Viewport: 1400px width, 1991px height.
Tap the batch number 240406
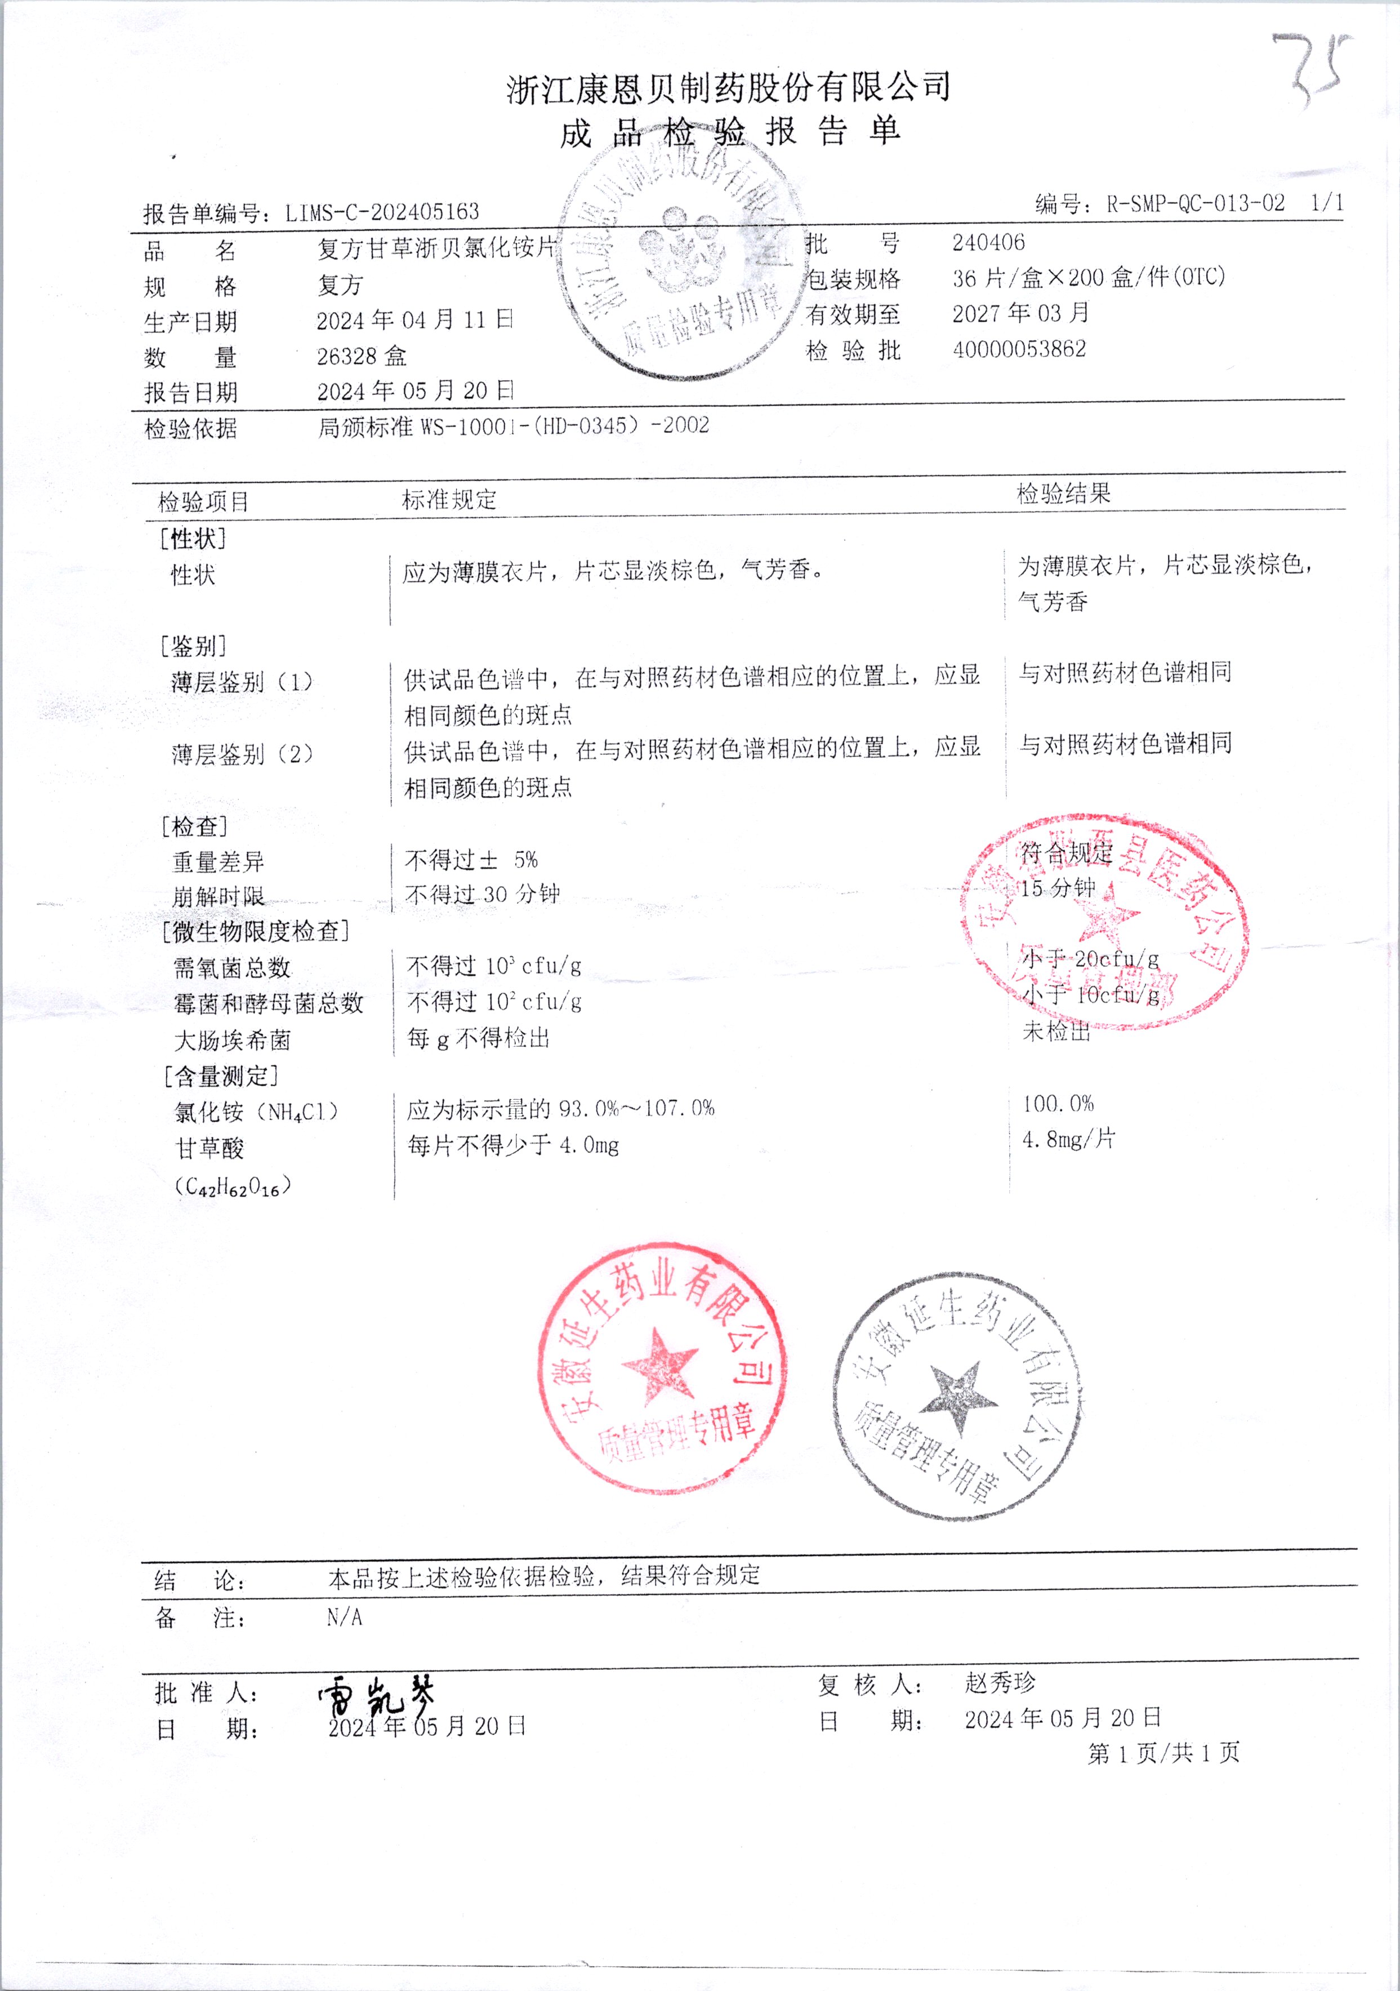click(988, 243)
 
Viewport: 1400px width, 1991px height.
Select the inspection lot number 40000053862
click(1019, 349)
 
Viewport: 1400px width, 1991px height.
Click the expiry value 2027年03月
click(1020, 313)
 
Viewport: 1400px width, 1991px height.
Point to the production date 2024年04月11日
click(414, 320)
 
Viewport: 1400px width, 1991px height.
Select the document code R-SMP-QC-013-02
click(1194, 205)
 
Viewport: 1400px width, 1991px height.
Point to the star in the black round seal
click(958, 1396)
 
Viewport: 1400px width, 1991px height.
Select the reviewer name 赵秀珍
click(1000, 1683)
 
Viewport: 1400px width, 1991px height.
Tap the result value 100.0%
click(1058, 1104)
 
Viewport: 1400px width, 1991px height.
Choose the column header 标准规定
click(449, 500)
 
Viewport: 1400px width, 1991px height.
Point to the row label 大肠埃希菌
click(233, 1039)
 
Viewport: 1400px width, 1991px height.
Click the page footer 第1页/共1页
click(1163, 1753)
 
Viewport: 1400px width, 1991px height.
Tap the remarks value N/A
click(344, 1617)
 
